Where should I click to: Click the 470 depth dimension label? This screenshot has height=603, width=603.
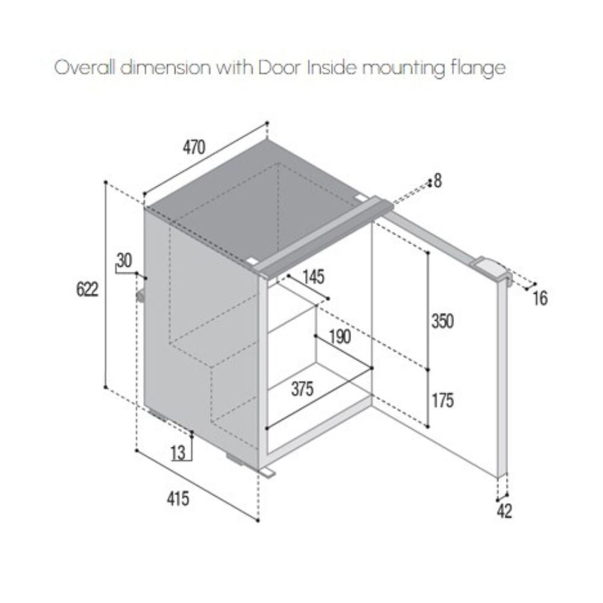(194, 147)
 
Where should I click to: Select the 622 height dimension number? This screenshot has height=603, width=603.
(87, 289)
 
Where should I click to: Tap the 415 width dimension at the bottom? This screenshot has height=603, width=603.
(178, 499)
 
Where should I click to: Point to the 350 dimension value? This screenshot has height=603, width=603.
(443, 321)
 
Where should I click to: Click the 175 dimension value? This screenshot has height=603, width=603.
(443, 400)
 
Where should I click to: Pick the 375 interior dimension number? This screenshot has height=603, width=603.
(302, 389)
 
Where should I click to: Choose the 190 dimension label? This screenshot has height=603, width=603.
(340, 337)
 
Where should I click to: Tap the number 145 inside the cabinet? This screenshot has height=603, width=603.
(314, 277)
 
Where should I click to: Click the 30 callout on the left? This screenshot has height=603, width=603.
(124, 260)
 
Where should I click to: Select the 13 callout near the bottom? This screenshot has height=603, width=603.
(178, 453)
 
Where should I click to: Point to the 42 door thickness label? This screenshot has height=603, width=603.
(505, 511)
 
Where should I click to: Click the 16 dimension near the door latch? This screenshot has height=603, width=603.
(540, 298)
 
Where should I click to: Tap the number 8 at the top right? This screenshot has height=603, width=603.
(438, 181)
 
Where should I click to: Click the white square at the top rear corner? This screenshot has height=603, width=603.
(361, 198)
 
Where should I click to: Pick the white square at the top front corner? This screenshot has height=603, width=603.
(251, 260)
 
